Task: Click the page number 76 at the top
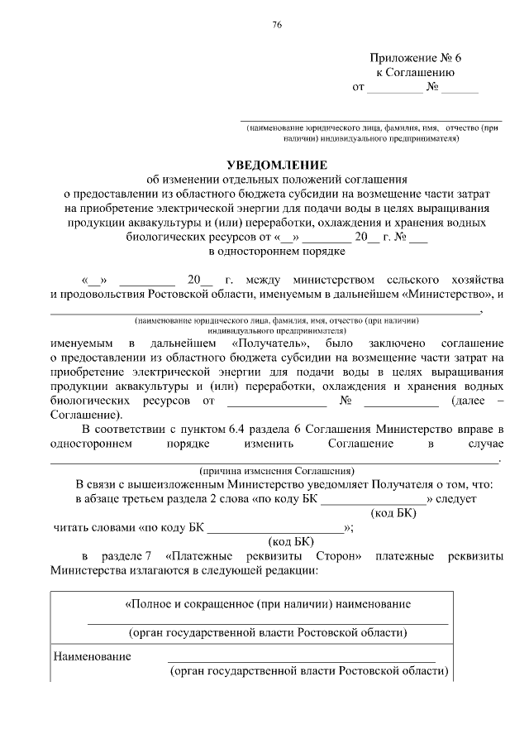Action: tap(277, 24)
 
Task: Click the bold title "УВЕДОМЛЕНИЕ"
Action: tap(276, 164)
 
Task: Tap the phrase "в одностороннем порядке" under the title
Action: tap(276, 249)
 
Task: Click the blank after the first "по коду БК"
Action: tap(373, 499)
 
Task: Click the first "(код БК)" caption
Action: tap(394, 513)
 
